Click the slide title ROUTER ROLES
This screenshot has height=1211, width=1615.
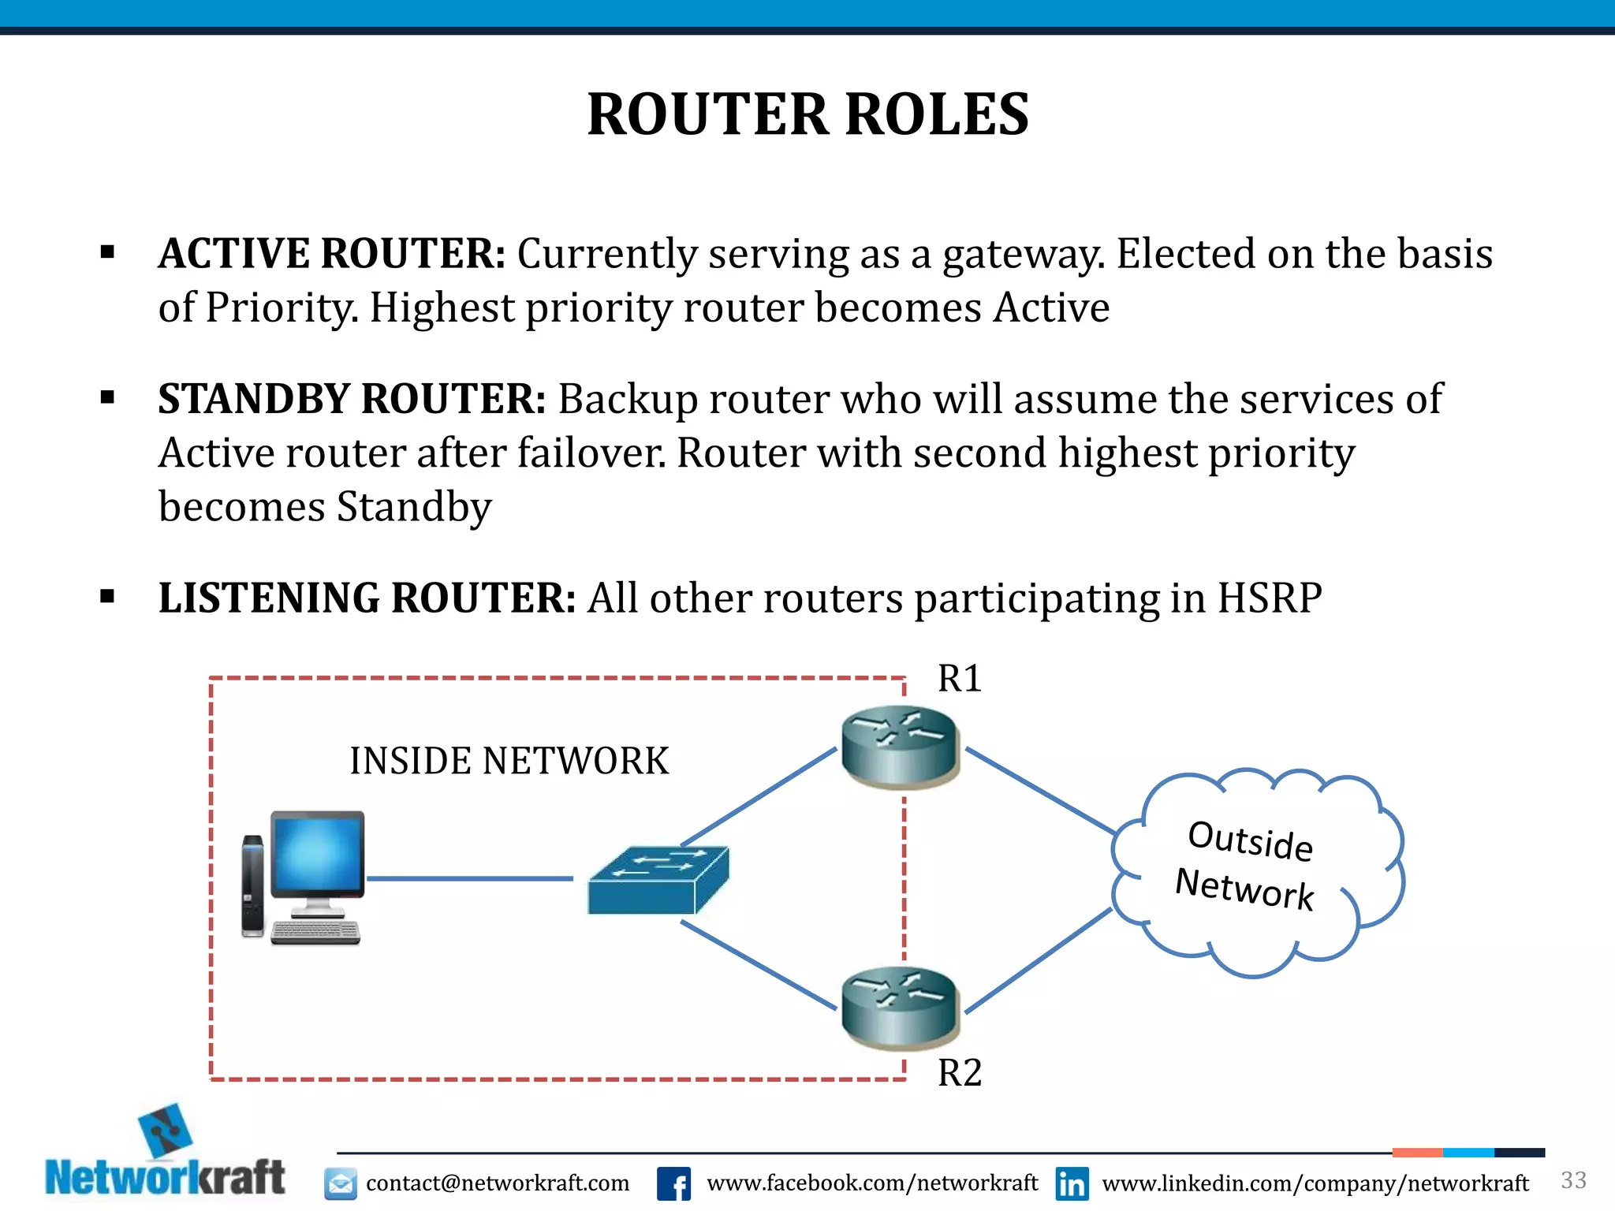pos(807,115)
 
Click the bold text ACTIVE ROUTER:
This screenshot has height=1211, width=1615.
pos(331,254)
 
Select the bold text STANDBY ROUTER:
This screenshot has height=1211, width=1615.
pos(352,399)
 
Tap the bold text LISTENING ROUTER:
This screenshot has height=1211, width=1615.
pos(367,598)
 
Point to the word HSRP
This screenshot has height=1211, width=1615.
pos(1269,598)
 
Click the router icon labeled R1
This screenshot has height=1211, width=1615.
pos(899,746)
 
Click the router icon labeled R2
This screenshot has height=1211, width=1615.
pos(899,1008)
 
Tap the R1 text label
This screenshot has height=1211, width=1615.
pos(959,679)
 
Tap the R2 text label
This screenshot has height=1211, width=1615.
pos(959,1073)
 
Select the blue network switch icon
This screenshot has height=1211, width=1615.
pos(658,880)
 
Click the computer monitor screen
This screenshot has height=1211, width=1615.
pos(318,854)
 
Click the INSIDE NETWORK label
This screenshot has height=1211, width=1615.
pos(509,762)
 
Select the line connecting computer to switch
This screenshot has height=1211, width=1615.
pos(470,878)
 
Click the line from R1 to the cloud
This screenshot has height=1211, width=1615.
pos(1039,790)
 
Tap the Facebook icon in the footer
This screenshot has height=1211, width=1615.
pos(673,1183)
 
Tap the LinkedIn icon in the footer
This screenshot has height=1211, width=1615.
pos(1072,1183)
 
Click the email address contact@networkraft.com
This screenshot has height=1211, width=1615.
pos(497,1183)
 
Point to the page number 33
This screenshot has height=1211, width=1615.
pos(1572,1180)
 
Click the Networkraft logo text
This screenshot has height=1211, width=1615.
pos(165,1178)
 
